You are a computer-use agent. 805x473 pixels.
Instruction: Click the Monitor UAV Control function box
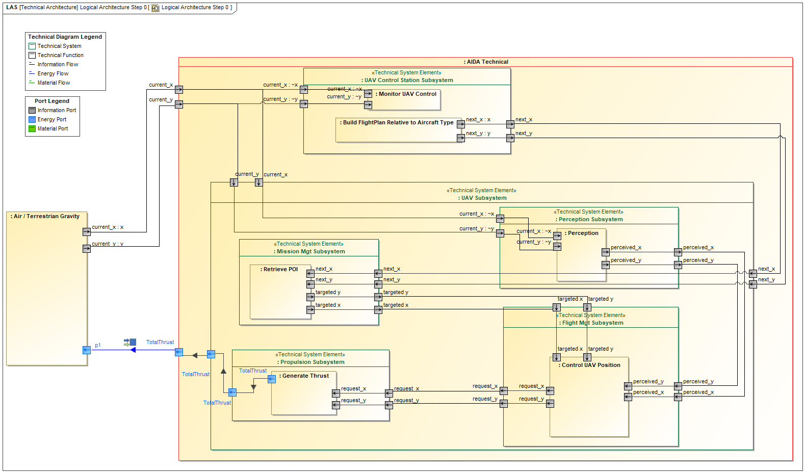click(x=407, y=94)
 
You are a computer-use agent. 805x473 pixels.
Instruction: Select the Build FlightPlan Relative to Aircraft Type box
click(x=398, y=123)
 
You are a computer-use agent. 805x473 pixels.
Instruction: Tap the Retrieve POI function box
click(x=280, y=270)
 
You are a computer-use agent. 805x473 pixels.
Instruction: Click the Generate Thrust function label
click(x=305, y=376)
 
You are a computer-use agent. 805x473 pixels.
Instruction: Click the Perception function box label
click(x=583, y=233)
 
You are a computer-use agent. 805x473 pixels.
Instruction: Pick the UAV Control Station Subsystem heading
click(x=408, y=81)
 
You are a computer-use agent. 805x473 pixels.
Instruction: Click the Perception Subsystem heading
click(x=590, y=220)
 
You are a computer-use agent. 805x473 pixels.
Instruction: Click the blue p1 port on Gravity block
click(x=87, y=350)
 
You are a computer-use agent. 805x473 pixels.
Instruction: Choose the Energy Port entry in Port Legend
click(x=51, y=120)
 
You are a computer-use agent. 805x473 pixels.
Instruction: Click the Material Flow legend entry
click(x=54, y=83)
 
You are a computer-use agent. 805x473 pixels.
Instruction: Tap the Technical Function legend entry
click(x=60, y=56)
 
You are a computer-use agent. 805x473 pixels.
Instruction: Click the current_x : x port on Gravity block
click(x=87, y=232)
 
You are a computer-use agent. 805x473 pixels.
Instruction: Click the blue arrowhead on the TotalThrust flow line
click(x=133, y=350)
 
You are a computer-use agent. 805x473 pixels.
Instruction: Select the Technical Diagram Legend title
click(x=65, y=37)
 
